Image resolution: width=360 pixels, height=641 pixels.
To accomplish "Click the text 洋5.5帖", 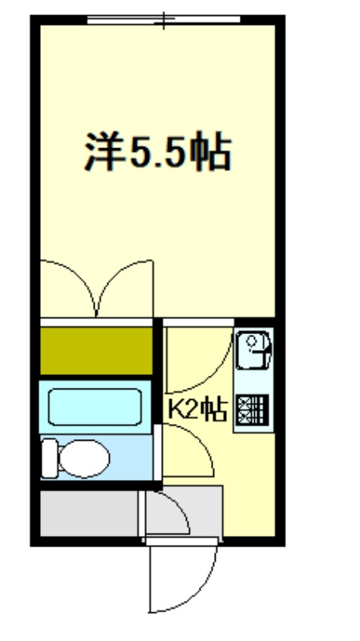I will pos(158,152).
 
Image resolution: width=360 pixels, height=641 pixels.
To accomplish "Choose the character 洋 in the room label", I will pos(103,152).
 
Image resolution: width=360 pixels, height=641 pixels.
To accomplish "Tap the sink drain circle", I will pos(252,342).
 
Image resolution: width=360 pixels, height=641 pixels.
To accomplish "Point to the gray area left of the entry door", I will pos(88,513).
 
